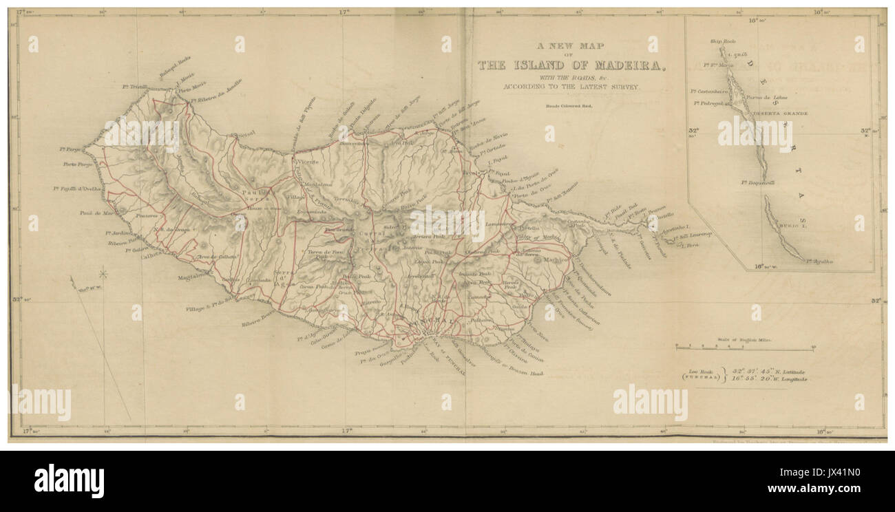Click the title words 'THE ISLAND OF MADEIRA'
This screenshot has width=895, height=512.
click(x=572, y=66)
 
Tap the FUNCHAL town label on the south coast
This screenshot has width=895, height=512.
click(x=430, y=322)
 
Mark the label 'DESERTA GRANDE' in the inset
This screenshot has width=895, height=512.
click(x=779, y=113)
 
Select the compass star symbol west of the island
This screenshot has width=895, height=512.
click(x=104, y=275)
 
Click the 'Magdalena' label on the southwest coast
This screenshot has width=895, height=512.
click(x=192, y=277)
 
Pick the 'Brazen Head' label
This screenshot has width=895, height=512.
click(x=526, y=372)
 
